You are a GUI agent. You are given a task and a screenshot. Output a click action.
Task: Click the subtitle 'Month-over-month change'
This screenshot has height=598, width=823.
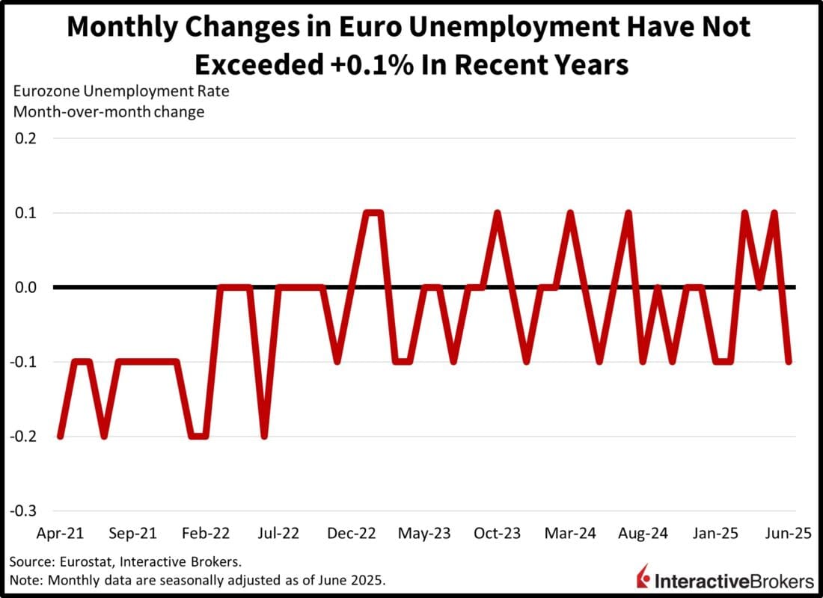[107, 113]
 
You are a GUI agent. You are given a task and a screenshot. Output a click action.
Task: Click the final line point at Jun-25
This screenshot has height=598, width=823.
[789, 362]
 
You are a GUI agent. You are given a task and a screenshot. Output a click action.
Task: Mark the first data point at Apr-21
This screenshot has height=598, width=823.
[60, 437]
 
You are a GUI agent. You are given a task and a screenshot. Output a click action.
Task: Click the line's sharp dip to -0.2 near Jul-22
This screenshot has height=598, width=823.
[264, 437]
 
